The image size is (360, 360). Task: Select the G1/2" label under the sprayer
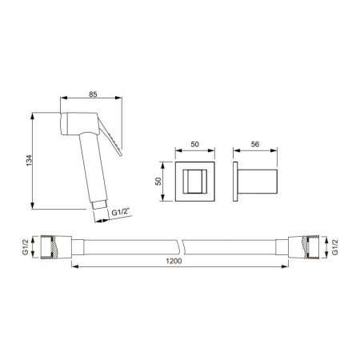point(120,212)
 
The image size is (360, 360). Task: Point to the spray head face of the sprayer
point(63,123)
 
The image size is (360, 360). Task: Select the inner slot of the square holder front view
point(194,183)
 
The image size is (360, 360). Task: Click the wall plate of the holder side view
point(236,183)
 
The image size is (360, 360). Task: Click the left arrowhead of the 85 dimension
point(64,99)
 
